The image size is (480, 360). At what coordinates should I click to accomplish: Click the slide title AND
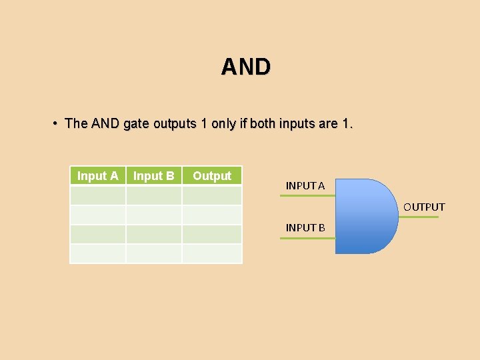tap(245, 67)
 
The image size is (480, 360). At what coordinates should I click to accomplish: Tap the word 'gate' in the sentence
tap(136, 124)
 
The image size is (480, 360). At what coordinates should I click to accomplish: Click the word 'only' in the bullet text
tap(223, 124)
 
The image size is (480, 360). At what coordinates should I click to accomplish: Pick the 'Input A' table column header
tap(98, 176)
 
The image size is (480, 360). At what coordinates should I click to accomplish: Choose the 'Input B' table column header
tap(154, 176)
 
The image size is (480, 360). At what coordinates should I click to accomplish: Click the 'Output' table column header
tap(212, 176)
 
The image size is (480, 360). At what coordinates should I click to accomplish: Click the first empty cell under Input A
tap(98, 195)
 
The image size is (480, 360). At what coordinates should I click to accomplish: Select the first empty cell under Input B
tap(154, 195)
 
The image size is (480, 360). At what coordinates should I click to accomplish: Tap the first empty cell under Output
tap(212, 195)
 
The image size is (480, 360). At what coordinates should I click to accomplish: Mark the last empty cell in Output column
tap(212, 253)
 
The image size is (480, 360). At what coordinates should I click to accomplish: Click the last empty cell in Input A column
tap(98, 253)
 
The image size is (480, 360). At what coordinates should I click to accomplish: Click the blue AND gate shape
tap(363, 216)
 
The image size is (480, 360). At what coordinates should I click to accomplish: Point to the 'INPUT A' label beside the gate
tap(305, 186)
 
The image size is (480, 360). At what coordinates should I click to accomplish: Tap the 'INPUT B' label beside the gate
tap(305, 228)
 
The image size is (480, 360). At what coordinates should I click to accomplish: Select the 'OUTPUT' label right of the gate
tap(424, 207)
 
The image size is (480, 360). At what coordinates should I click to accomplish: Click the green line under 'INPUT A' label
tap(307, 196)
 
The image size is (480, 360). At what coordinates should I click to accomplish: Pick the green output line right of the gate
tap(418, 217)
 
